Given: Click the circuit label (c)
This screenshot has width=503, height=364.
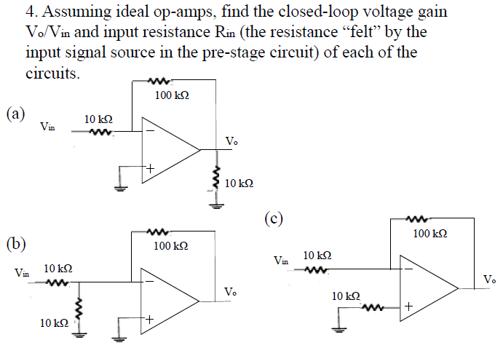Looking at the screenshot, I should [273, 217].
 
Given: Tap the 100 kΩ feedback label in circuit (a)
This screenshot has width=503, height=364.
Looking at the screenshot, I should [173, 95].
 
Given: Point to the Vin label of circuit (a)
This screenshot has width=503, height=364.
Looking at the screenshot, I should [47, 127].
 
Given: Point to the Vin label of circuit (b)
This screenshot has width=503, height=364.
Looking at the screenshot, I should [22, 274].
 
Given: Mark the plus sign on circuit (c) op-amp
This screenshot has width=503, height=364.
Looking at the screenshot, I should [409, 307].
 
